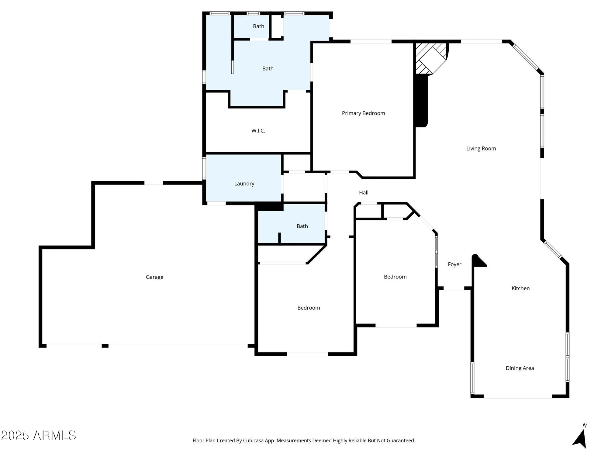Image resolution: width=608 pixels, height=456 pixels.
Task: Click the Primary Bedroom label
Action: click(x=363, y=113)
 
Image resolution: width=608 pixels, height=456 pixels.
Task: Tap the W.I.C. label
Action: click(x=258, y=131)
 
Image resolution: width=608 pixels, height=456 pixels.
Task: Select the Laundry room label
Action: click(x=244, y=184)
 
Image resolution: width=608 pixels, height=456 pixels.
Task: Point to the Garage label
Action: click(x=154, y=277)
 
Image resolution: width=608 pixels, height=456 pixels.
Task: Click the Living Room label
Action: click(x=481, y=149)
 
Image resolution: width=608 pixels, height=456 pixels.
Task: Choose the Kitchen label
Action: click(x=520, y=288)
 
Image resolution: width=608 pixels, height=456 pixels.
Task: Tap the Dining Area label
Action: click(x=520, y=368)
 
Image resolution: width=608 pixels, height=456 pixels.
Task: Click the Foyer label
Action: click(x=454, y=264)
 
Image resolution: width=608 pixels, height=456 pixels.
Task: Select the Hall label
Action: click(x=364, y=192)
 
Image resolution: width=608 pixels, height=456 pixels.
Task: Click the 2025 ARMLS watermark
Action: click(x=39, y=435)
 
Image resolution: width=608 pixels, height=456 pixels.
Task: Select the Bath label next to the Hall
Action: click(x=302, y=226)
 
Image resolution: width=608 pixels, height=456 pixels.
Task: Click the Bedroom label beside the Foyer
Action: click(x=395, y=277)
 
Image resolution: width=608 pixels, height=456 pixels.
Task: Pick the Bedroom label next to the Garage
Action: click(x=309, y=308)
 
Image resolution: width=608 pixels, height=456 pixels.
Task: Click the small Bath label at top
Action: click(x=258, y=26)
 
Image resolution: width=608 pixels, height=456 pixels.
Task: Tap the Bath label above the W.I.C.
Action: click(x=268, y=69)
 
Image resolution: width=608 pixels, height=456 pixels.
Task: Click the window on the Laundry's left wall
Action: click(x=204, y=168)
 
